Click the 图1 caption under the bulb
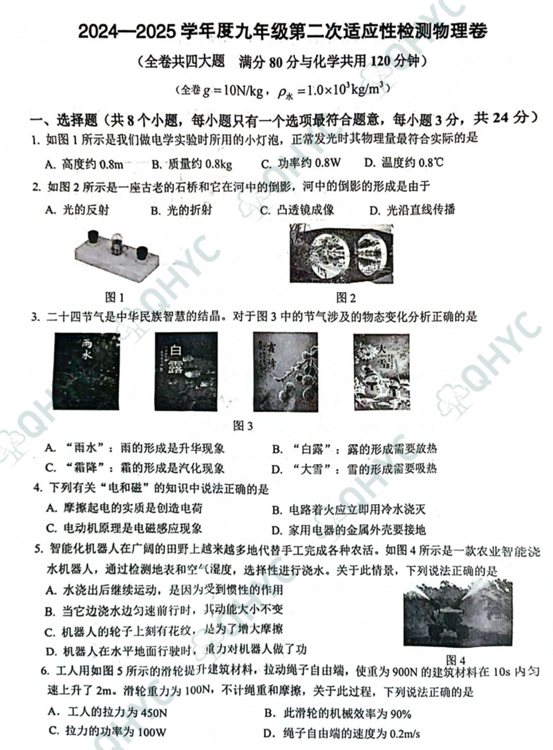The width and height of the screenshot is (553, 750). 113,298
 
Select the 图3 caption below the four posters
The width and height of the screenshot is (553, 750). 244,425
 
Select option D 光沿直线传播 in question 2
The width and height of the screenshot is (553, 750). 412,211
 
